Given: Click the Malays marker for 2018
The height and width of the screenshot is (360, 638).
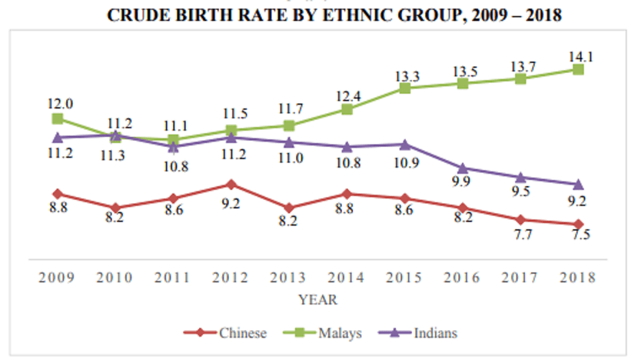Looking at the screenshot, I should pos(578,70).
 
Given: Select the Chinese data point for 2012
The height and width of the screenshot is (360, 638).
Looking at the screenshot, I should pos(231,185).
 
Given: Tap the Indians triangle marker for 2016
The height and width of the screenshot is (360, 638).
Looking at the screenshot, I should pos(463,168).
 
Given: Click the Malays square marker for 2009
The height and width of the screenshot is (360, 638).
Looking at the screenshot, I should pos(57,118).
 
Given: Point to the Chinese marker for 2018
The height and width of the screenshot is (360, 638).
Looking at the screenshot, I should pos(578,224).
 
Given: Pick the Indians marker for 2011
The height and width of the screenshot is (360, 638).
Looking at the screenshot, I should pos(173,146).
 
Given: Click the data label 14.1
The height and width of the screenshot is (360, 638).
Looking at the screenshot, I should pos(578,55).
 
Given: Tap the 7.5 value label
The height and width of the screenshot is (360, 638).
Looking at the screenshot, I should pos(578,235).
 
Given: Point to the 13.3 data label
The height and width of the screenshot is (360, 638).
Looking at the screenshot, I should pos(404,75).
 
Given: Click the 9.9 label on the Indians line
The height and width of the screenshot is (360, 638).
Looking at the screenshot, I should pos(462,182).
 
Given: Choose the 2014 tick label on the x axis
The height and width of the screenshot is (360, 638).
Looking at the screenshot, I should pos(346,277).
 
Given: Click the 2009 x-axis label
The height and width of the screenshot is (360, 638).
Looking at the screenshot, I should pos(57,277).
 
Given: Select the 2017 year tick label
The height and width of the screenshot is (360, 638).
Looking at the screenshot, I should pos(520,277).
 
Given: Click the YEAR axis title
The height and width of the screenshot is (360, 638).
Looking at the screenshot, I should pos(317,298).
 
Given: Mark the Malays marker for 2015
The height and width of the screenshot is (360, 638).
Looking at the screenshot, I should pos(404,88).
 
